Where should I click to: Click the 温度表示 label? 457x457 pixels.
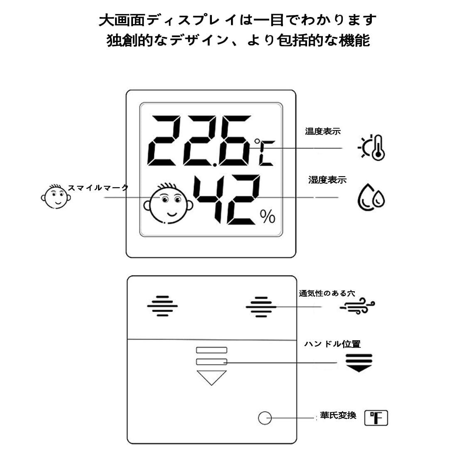[323, 131]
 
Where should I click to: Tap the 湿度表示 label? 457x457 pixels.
[327, 180]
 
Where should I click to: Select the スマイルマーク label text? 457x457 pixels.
[98, 188]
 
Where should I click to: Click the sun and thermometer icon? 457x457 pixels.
[372, 147]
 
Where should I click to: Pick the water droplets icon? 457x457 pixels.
[371, 197]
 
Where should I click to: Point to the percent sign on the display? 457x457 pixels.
[268, 216]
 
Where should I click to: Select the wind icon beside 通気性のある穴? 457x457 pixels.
[357, 306]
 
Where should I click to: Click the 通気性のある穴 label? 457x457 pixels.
[327, 293]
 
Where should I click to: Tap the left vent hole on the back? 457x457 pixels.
[162, 306]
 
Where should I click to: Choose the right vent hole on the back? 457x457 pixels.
[261, 307]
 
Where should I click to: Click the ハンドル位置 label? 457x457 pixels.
[332, 344]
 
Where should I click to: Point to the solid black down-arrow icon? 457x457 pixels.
[359, 362]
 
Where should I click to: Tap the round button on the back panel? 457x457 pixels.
[265, 418]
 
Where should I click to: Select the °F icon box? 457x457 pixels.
[376, 418]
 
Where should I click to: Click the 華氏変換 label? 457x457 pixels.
[338, 415]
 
